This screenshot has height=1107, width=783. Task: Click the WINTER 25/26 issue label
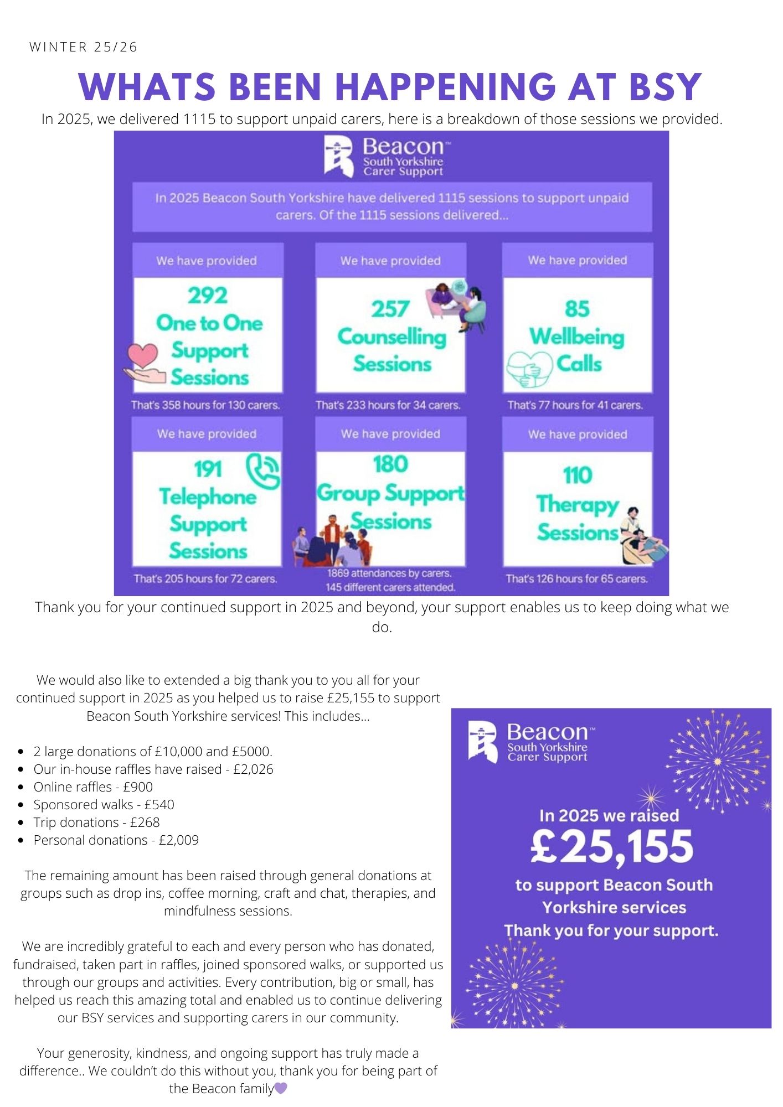83,47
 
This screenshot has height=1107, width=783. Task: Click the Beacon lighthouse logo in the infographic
338,157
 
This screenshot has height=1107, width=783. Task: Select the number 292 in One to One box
208,295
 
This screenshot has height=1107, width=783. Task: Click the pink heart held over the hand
142,355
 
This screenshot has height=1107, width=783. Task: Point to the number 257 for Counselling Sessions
390,309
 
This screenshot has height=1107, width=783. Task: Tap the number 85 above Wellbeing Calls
577,309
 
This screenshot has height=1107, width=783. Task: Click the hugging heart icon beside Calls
530,368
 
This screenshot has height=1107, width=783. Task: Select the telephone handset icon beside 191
262,470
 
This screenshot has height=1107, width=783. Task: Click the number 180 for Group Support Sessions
390,464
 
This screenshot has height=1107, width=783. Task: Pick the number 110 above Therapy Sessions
577,475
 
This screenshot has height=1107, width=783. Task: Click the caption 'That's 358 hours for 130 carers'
205,405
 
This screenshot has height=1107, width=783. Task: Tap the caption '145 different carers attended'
390,587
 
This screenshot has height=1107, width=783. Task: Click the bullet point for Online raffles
21,787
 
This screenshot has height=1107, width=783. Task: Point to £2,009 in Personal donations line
178,840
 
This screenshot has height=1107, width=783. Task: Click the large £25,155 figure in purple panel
611,847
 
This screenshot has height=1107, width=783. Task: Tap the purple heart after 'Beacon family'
281,1088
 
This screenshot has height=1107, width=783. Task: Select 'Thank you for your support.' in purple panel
611,930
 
